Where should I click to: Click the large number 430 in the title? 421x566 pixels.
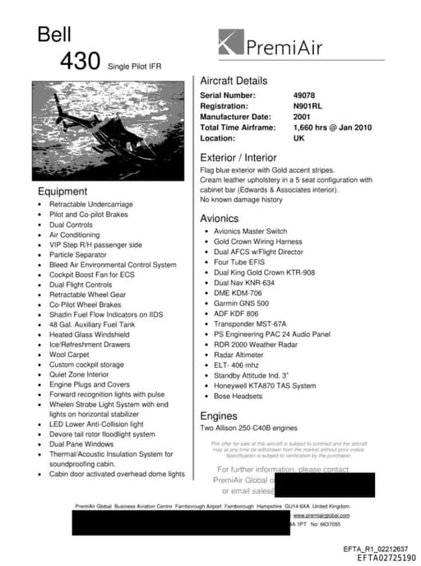click(x=80, y=62)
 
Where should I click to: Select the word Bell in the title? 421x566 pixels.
click(x=54, y=34)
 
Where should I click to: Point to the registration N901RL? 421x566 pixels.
click(x=308, y=106)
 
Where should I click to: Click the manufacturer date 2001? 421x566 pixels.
click(x=302, y=117)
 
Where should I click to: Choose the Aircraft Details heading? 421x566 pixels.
click(x=234, y=81)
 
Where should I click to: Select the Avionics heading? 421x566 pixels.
click(x=219, y=219)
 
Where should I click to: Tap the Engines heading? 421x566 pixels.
click(x=218, y=416)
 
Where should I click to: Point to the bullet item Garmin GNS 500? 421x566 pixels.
click(x=240, y=304)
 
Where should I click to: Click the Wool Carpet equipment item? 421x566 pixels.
click(x=69, y=355)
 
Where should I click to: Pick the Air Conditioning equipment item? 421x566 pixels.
click(x=74, y=234)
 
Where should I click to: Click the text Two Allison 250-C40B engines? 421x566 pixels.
click(x=249, y=429)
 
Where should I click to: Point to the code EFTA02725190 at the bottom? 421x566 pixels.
click(x=386, y=558)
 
